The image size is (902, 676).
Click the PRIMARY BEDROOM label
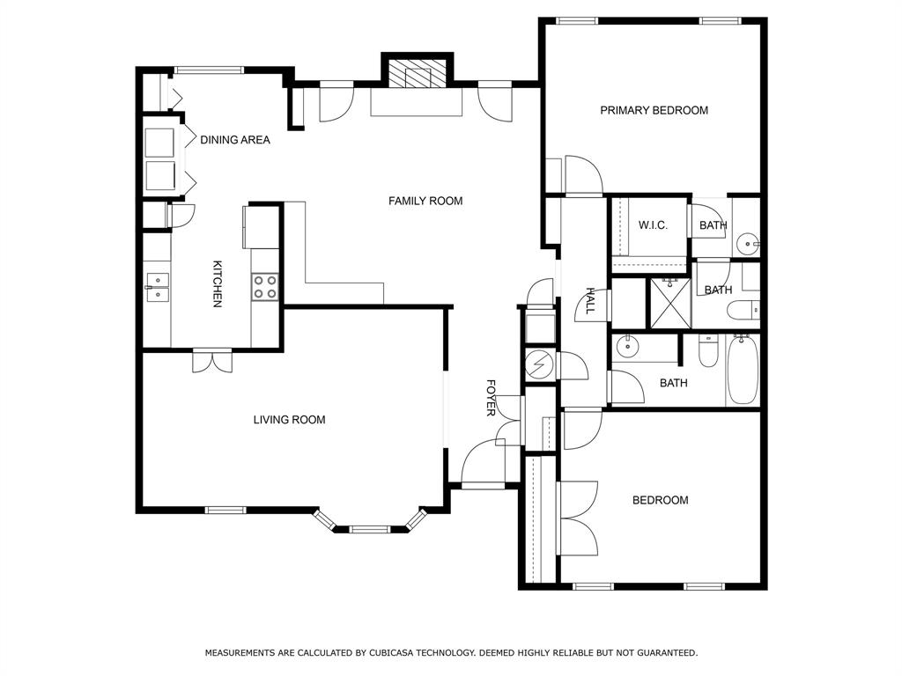tap(654, 110)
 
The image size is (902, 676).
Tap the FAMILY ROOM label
tap(425, 201)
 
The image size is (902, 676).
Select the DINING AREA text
tap(234, 140)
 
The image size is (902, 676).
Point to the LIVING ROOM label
tap(289, 420)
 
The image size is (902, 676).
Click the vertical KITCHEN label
tap(218, 283)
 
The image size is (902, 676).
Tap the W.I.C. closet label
tap(653, 225)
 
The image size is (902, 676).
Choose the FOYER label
tap(492, 398)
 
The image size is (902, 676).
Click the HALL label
tap(590, 301)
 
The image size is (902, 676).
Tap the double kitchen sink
tap(157, 287)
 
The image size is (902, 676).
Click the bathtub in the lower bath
tap(743, 371)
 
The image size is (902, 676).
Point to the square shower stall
tap(669, 303)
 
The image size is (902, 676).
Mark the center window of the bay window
tap(369, 529)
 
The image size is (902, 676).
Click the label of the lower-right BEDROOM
tap(660, 500)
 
